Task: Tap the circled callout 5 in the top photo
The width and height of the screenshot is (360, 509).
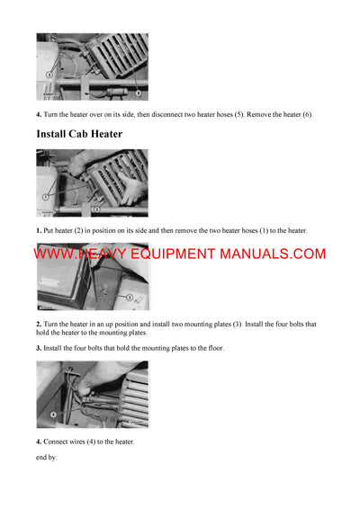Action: click(49, 74)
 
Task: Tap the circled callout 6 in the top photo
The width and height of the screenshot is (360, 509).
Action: click(137, 93)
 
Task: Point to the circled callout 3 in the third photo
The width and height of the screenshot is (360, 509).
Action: click(129, 297)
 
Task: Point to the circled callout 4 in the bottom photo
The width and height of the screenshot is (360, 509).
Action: click(53, 414)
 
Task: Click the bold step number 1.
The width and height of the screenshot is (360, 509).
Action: click(39, 231)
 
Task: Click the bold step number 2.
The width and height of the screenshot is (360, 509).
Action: click(39, 324)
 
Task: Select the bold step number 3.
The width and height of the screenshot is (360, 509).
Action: click(39, 348)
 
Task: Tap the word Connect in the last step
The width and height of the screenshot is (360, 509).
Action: click(58, 442)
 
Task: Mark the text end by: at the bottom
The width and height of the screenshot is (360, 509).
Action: click(47, 458)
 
